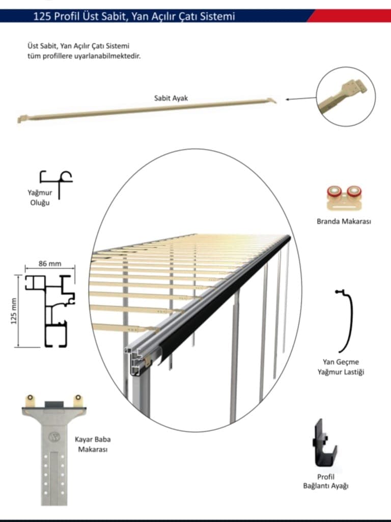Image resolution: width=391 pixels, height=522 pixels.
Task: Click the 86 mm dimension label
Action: click(50, 264)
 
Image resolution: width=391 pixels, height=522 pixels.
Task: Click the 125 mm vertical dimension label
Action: click(14, 311)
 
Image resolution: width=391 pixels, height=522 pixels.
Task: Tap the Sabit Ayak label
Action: click(171, 98)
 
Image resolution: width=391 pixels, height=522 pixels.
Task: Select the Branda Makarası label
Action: click(344, 221)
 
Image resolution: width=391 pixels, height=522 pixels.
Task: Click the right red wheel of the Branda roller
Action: click(354, 192)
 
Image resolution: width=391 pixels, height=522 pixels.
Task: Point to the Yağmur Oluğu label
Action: click(40, 197)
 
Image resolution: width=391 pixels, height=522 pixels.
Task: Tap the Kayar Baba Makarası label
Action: click(93, 445)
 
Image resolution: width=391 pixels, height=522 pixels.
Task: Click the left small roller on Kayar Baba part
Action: click(30, 398)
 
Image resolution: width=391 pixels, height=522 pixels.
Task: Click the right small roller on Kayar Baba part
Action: click(78, 398)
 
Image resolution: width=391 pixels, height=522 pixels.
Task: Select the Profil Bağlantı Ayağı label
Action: click(325, 481)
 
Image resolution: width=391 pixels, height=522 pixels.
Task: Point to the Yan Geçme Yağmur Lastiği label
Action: click(341, 367)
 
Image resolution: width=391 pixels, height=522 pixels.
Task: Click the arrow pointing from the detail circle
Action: click(300, 98)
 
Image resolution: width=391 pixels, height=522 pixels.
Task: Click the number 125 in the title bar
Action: click(42, 16)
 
